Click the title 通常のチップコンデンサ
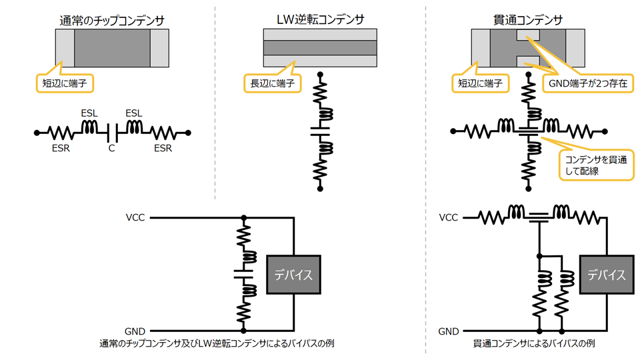coord(111,21)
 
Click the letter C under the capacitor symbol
coord(111,148)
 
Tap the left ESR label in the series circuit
coord(61,148)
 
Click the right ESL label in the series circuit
coord(135,114)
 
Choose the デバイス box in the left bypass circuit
coord(294,274)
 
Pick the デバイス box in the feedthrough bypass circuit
coord(606,274)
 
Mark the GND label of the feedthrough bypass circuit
coord(449,331)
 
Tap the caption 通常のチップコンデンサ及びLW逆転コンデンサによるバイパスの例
coord(217,344)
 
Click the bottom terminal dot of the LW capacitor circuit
coord(320,189)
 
